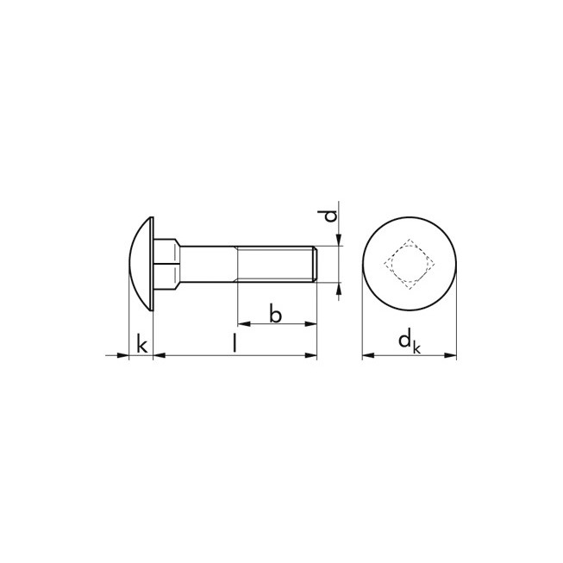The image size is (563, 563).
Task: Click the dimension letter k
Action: point(142,343)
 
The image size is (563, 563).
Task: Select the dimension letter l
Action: point(235,343)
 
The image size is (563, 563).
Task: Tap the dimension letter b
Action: point(275,313)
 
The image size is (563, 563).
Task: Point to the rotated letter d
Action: point(328,216)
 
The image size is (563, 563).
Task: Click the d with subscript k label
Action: point(410,342)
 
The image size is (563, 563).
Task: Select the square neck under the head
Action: point(166,264)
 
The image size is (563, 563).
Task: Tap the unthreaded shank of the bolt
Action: point(209,264)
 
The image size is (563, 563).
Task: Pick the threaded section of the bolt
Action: point(275,264)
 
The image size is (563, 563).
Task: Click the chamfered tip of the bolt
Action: point(315,264)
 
